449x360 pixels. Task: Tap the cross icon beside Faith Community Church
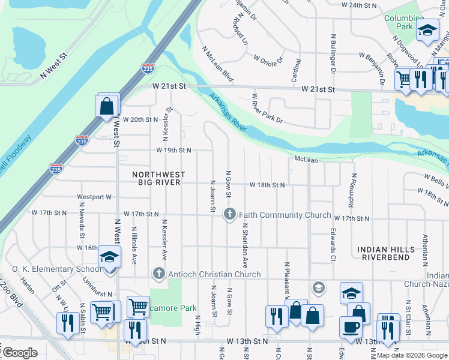229,214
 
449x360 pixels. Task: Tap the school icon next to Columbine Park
428,31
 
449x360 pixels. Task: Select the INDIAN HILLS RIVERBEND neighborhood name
385,253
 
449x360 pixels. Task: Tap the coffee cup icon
351,328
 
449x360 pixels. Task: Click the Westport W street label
95,197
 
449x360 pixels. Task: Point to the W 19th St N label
173,150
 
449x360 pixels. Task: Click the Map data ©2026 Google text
412,355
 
